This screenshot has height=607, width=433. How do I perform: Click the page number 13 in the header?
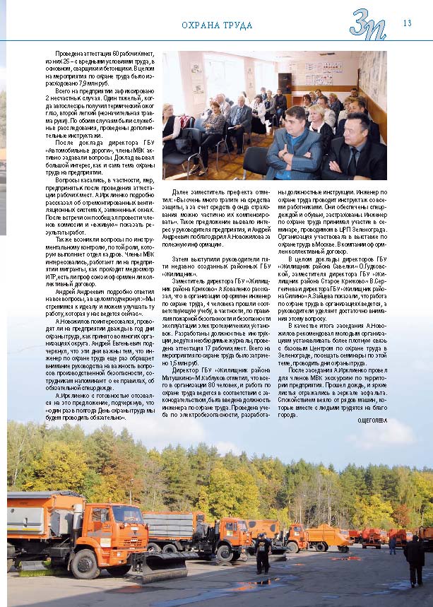pos(407,23)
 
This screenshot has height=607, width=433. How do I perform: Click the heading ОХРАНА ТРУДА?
pos(217,26)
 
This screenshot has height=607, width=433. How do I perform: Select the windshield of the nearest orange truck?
pos(129,516)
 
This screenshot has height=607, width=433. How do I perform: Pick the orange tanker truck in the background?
pos(328,537)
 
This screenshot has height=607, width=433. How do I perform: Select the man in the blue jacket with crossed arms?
pos(295,145)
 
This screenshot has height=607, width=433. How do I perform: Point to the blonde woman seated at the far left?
pos(171,128)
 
